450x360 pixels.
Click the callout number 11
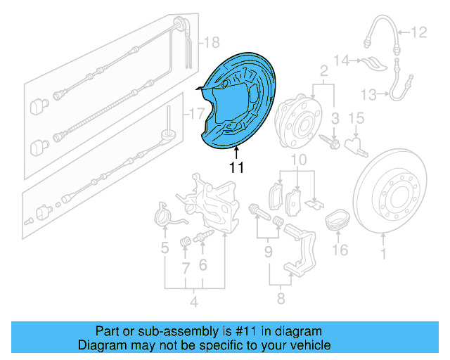(x=236, y=168)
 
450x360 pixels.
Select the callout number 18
(x=211, y=44)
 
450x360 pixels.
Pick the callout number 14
(x=340, y=62)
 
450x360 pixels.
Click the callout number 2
(x=324, y=71)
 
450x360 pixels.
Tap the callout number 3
(x=336, y=117)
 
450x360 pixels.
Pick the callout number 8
(x=281, y=300)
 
